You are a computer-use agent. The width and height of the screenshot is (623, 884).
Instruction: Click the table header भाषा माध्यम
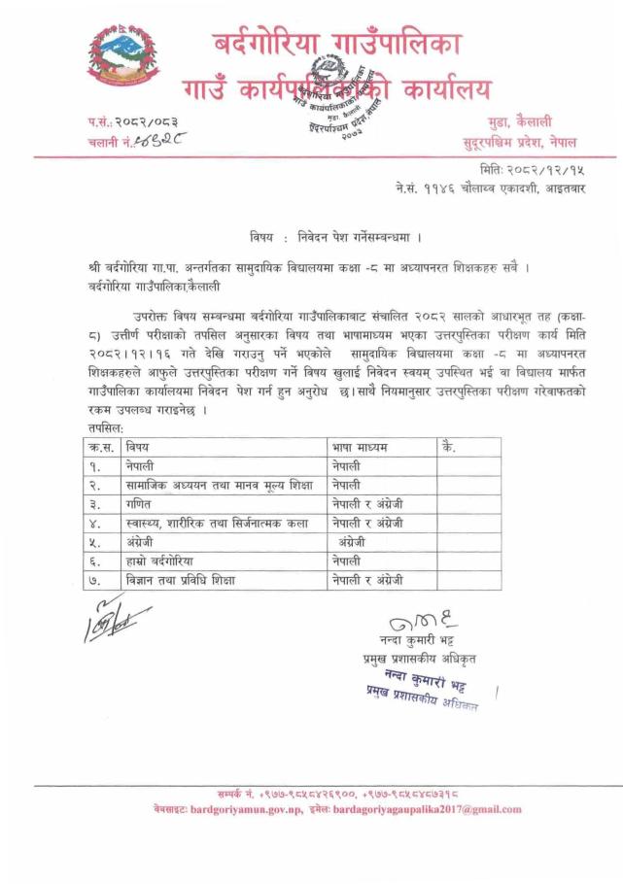pyautogui.click(x=360, y=447)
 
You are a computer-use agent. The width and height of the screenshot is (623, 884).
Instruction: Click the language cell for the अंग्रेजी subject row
pyautogui.click(x=358, y=542)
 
